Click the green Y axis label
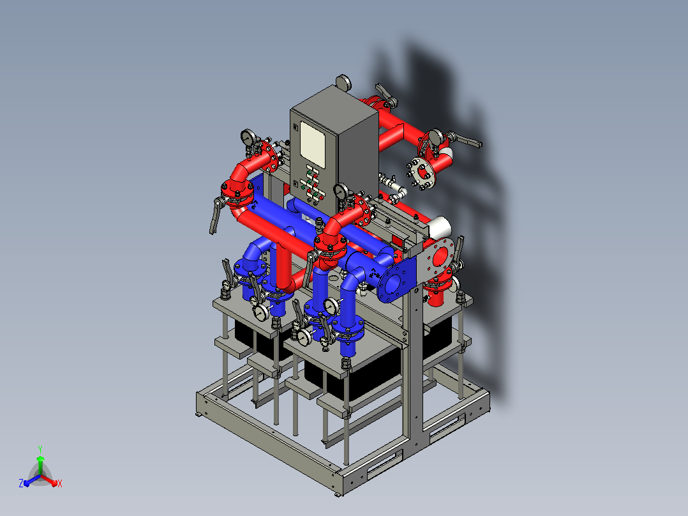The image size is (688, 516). [x=40, y=449]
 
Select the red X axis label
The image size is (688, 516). [x=60, y=483]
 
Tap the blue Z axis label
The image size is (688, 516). [x=20, y=483]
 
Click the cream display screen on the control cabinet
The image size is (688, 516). [x=312, y=144]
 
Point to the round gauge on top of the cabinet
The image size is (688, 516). [x=343, y=82]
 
